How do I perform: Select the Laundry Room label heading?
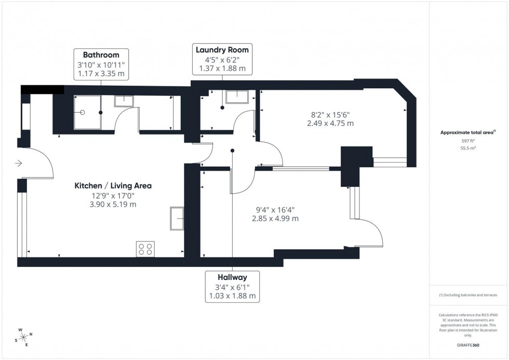coord(222,50)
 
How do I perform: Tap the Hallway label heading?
coord(232,277)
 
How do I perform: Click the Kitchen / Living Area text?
coord(113,185)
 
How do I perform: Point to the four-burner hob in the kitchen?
coord(145,249)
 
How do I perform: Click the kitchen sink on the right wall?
coord(177,218)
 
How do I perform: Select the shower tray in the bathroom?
coord(86,112)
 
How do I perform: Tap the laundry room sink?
coord(237,97)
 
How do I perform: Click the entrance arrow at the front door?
coord(19,164)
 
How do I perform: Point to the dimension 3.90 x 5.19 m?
coord(113,205)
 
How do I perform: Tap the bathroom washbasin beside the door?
coord(124,101)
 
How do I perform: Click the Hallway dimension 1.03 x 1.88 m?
coord(232,296)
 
